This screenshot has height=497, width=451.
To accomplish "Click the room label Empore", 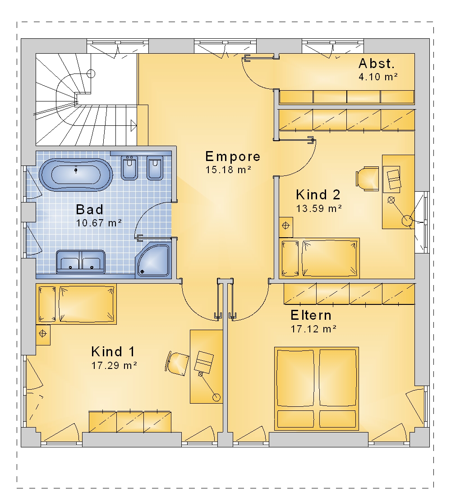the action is (233, 156).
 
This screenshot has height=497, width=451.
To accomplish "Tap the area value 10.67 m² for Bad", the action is (99, 223).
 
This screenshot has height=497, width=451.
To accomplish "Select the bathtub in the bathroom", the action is (76, 174).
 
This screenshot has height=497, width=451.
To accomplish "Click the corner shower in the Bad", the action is (153, 260).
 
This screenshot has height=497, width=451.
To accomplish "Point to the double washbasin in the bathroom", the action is (80, 262).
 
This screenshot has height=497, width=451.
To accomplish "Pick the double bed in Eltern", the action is (317, 389).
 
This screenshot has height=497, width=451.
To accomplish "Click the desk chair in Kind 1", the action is (177, 363).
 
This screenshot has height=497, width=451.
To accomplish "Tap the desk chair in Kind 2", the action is (367, 179).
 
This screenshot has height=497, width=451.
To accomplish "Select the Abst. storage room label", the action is (377, 64).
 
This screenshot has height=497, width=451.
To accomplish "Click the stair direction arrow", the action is (134, 125).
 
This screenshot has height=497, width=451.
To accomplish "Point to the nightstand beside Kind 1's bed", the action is (43, 335).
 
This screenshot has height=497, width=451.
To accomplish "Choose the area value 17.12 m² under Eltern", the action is (313, 329).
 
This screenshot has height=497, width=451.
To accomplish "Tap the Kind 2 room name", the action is (318, 195).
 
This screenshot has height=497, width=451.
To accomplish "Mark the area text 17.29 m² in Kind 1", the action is (114, 365).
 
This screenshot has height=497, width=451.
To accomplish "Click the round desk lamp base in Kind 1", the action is (216, 397).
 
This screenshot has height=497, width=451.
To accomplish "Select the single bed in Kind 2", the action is (319, 258).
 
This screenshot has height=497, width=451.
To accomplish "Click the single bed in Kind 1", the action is (76, 304).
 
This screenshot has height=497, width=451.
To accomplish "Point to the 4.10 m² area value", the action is (378, 77).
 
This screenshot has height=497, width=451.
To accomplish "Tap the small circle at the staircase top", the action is (91, 74).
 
